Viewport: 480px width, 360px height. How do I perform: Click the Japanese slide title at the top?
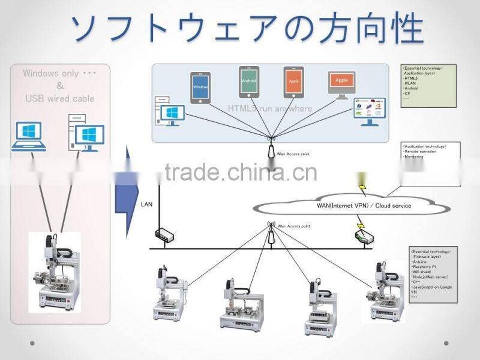point(247,26)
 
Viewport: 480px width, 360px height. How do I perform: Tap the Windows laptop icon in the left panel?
point(28,136)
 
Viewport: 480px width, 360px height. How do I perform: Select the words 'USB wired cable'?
point(59,98)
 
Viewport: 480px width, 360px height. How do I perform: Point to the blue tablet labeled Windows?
point(200,88)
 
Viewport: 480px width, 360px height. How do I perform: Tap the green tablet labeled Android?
point(248,81)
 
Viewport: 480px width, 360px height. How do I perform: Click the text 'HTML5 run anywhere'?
point(270,109)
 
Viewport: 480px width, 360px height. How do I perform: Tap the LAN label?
point(146,204)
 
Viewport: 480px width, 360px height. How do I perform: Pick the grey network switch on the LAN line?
point(164,233)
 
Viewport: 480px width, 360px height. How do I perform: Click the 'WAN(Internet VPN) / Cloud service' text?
point(364,206)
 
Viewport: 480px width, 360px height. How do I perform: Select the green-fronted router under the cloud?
point(364,236)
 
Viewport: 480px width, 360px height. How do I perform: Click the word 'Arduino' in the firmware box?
point(419,262)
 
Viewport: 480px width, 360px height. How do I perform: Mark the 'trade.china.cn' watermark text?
point(240,173)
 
